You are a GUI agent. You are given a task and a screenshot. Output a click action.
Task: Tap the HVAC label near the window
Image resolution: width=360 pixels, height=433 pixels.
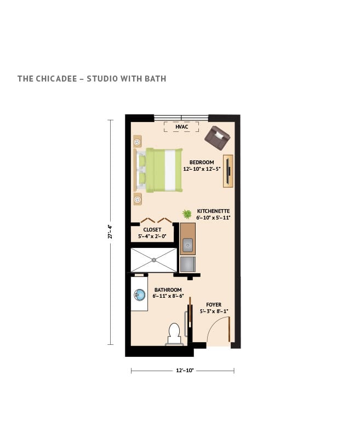tap(182, 127)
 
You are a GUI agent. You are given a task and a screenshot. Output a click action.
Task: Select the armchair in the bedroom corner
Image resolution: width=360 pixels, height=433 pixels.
tap(217, 136)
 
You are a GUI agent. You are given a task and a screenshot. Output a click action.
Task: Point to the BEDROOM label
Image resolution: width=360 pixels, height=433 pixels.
tap(202, 162)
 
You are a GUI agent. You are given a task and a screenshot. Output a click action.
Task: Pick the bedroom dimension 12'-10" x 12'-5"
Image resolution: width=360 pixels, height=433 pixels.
tap(202, 169)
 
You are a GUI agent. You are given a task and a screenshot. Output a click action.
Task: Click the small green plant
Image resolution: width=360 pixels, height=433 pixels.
tap(187, 213)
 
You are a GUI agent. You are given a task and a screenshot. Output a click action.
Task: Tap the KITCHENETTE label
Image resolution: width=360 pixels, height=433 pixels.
tap(214, 211)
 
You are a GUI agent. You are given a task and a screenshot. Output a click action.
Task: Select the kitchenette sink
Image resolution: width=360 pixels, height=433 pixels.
tap(188, 245)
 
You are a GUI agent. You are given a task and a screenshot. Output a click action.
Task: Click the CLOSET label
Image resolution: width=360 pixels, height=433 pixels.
tap(152, 230)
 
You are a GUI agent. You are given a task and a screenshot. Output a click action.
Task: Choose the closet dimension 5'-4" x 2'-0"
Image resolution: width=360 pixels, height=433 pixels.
tap(152, 236)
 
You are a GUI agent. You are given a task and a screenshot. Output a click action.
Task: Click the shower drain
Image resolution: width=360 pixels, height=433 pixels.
tap(154, 260)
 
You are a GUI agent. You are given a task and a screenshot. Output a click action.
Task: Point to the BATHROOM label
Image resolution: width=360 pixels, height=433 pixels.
tap(168, 290)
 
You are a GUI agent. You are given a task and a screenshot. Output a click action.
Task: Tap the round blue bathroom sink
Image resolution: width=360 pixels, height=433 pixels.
tap(139, 296)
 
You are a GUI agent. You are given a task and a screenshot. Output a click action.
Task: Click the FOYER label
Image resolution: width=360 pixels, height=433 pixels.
tap(214, 304)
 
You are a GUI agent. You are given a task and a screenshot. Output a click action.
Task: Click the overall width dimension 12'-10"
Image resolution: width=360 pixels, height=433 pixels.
tap(182, 371)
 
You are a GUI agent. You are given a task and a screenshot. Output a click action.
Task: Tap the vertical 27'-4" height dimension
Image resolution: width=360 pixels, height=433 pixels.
tap(110, 232)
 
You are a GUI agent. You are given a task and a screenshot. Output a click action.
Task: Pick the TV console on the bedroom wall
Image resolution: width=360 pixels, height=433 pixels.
tap(228, 171)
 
